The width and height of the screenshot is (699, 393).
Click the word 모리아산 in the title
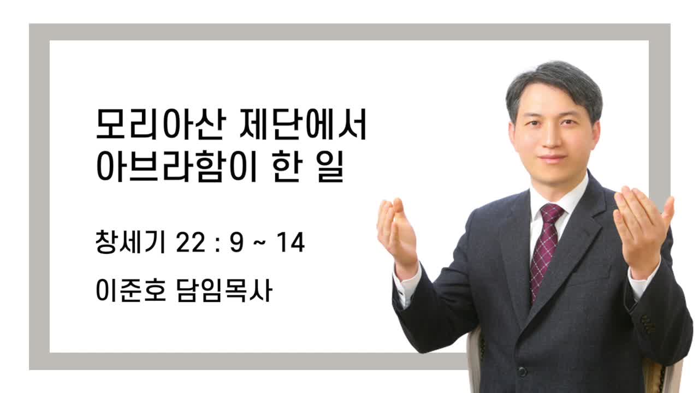161,124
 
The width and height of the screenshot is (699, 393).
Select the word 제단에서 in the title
303,124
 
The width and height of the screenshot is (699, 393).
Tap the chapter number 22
191,242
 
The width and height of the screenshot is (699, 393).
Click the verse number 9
236,242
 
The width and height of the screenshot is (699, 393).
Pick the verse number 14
291,242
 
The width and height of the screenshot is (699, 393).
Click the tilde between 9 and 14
259,243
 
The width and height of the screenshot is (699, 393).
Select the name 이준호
131,290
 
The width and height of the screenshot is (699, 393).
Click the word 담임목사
224,290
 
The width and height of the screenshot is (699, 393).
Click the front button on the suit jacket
522,372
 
